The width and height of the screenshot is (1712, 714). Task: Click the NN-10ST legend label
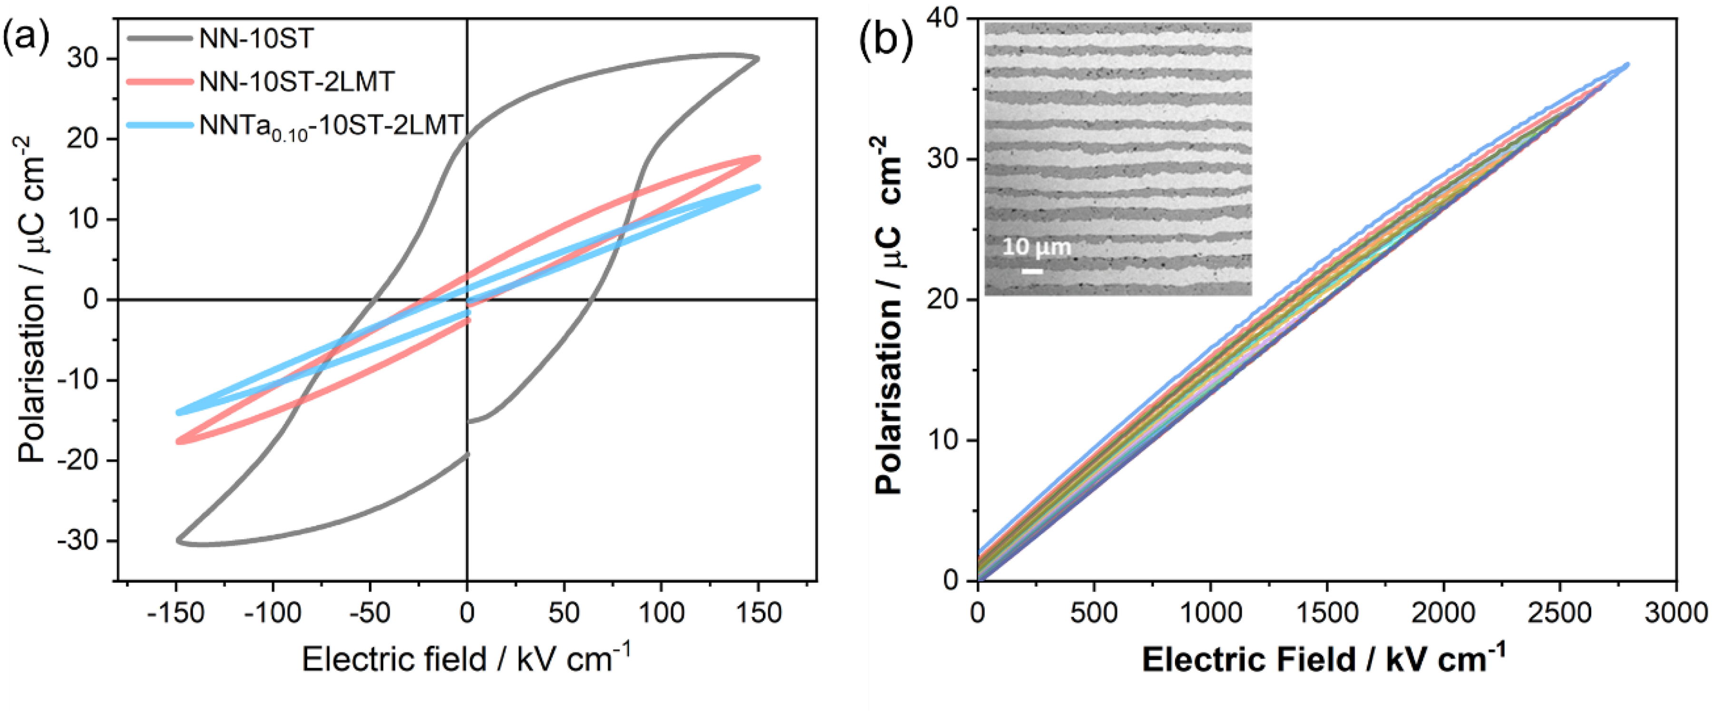coord(256,39)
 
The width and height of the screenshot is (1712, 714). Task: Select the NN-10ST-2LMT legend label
coord(296,82)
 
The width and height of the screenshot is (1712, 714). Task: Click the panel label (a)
coord(27,37)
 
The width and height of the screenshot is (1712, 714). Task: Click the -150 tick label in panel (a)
coord(175,612)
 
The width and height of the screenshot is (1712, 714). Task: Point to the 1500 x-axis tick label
coord(1327,612)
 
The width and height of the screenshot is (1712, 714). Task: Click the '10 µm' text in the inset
coord(1037,247)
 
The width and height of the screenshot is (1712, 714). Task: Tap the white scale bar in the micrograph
coord(1032,271)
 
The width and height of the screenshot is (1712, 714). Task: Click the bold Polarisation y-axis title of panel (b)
coord(888,315)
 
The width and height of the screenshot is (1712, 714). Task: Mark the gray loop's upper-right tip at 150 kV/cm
coord(758,58)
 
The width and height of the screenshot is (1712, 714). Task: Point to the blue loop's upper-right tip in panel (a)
coord(758,187)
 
